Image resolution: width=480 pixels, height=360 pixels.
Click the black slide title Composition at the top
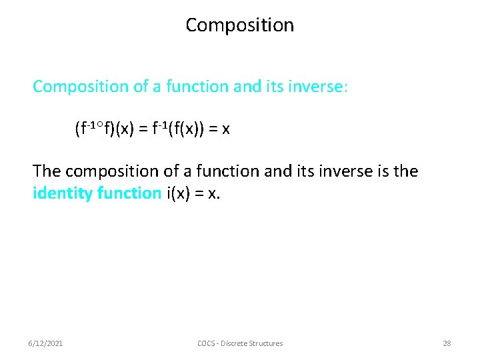[239, 25]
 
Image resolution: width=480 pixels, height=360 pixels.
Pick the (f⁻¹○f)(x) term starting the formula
[105, 129]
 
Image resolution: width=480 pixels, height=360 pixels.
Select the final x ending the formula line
[226, 130]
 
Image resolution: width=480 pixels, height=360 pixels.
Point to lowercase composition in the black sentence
[106, 172]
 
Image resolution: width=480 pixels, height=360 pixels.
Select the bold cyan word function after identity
[129, 193]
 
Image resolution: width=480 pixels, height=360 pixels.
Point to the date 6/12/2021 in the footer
[45, 343]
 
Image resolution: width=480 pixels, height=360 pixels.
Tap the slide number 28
[447, 343]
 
